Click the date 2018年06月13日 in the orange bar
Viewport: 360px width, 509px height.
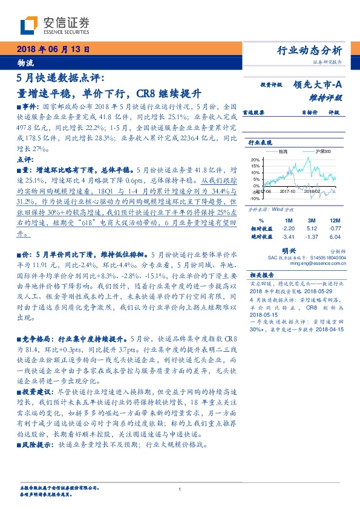[53, 50]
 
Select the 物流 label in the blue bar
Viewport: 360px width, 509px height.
[26, 63]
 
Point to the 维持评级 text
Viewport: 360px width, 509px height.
[329, 97]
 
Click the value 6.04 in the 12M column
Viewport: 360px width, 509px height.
[335, 238]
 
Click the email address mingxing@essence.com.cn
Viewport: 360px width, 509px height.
[316, 264]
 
